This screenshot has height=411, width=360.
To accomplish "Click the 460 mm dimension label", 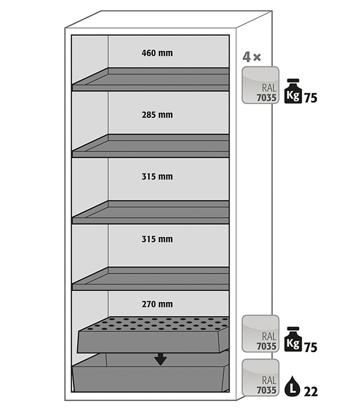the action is tap(157, 53).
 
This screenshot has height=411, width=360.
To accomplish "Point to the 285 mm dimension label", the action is tap(157, 115).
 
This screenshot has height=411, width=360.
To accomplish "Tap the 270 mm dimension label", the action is tap(157, 304).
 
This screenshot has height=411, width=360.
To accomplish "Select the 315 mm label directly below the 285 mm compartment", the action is tap(157, 176).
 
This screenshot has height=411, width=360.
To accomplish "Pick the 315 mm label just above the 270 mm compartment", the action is tap(157, 239).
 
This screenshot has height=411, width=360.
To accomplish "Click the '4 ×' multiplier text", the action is tap(251, 57).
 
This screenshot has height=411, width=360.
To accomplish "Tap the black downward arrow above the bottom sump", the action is tap(160, 359).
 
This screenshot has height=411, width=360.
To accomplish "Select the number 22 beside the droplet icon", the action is tap(311, 392).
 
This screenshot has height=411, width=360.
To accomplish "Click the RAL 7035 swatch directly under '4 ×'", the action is tap(260, 85).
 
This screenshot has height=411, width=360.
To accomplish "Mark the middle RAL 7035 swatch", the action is tap(260, 333).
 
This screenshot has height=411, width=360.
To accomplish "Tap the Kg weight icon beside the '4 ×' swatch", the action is tap(293, 91).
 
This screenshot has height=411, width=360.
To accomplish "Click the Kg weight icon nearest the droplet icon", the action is tap(293, 339).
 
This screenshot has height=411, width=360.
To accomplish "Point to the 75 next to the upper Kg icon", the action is tap(310, 98).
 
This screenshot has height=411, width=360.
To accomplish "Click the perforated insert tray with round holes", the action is tap(153, 334).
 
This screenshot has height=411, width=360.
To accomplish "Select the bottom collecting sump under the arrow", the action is tap(151, 373).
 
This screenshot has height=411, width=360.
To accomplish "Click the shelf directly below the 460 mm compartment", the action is tap(151, 80).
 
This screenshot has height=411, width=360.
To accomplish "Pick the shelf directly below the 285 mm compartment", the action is tap(151, 146).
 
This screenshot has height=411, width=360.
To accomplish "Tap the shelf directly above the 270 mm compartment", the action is tap(151, 279).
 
